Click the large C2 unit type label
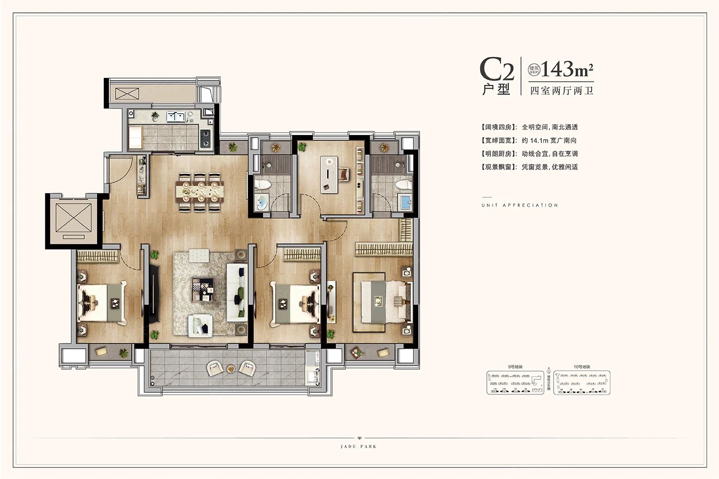pos(497,70)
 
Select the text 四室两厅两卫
pos(561,91)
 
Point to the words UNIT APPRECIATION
pos(520,205)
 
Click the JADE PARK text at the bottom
pos(358,447)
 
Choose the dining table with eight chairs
pos(199,192)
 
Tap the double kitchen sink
pos(176,117)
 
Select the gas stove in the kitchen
pos(205,137)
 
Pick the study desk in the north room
pos(329,175)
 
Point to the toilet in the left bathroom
pos(264,184)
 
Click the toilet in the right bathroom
pos(404,184)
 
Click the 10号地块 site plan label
pos(582,367)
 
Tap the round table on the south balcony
pos(231,368)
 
